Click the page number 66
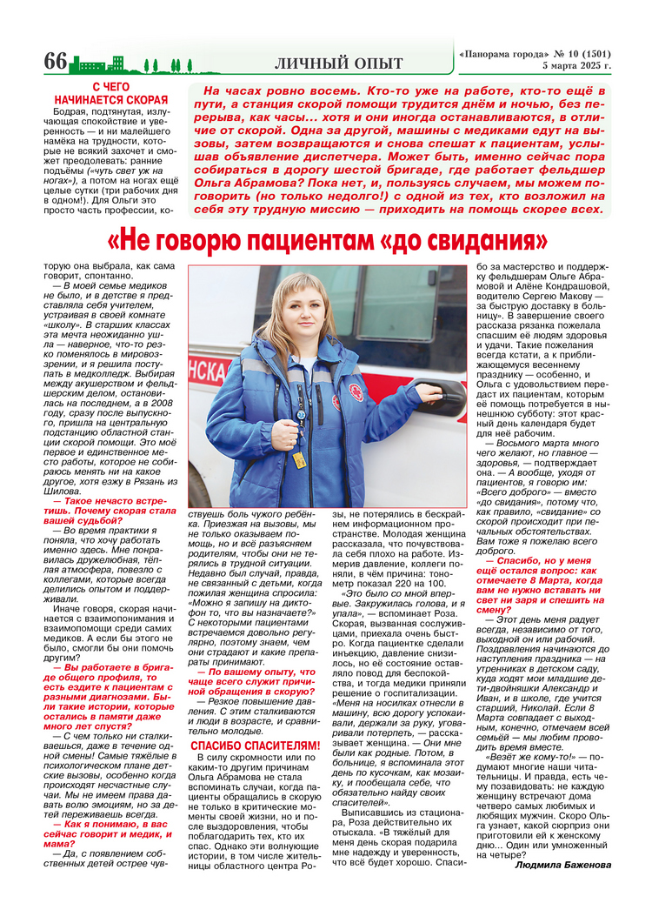pyautogui.click(x=56, y=62)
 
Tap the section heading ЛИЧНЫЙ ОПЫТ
pyautogui.click(x=338, y=63)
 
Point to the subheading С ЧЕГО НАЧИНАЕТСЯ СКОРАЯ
pyautogui.click(x=110, y=93)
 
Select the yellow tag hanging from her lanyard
pyautogui.click(x=299, y=459)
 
